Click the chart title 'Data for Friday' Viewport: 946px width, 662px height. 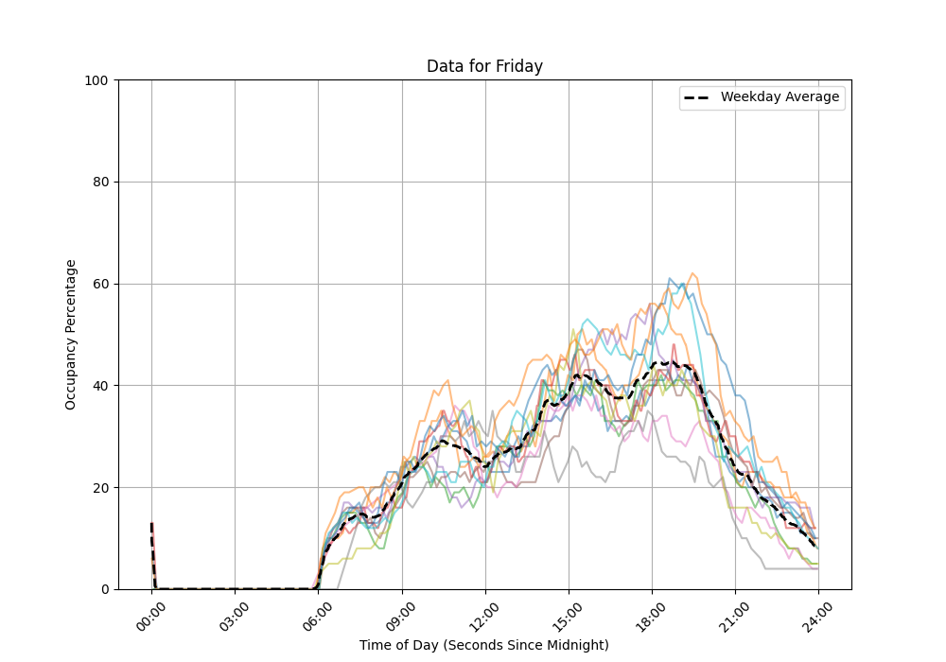[484, 66]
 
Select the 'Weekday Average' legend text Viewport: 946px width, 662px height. [780, 97]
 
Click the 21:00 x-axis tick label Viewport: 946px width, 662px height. [735, 613]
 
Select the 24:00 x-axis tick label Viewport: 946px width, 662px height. [818, 613]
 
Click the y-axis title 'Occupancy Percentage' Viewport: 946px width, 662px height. [71, 335]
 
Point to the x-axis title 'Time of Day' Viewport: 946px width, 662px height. [484, 645]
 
